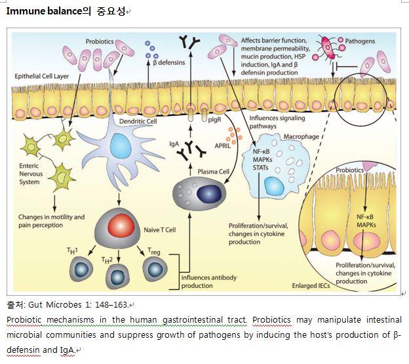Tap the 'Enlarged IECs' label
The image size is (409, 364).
click(314, 286)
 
